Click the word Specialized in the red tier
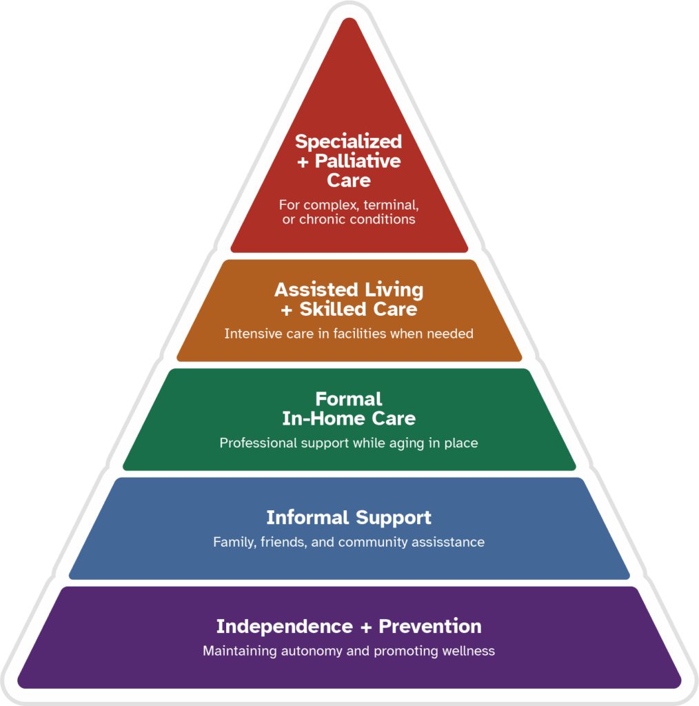click(348, 141)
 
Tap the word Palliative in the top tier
click(358, 161)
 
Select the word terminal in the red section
click(391, 205)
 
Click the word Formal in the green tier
click(349, 399)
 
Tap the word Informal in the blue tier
click(308, 517)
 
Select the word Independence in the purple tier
click(284, 626)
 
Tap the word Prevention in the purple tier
click(430, 626)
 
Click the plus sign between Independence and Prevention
click(366, 627)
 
